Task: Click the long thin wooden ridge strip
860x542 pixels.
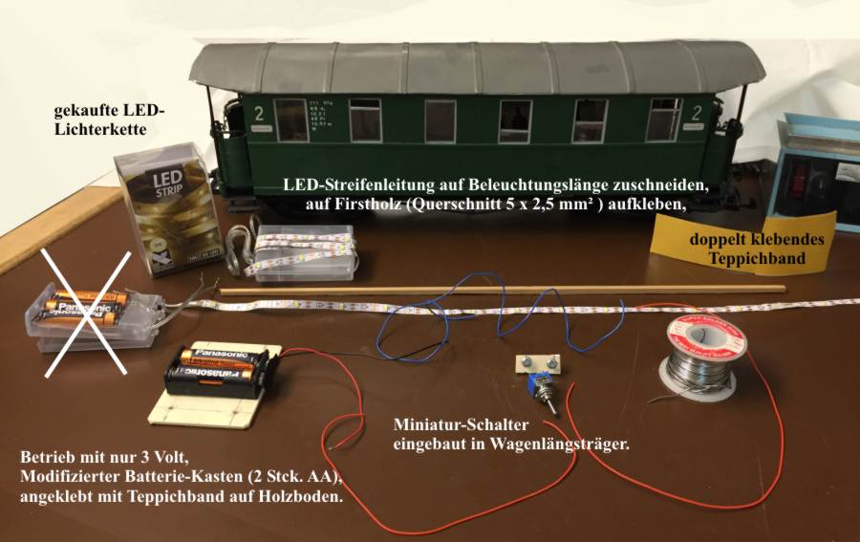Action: [497, 288]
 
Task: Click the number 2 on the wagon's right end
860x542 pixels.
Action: [708, 113]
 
